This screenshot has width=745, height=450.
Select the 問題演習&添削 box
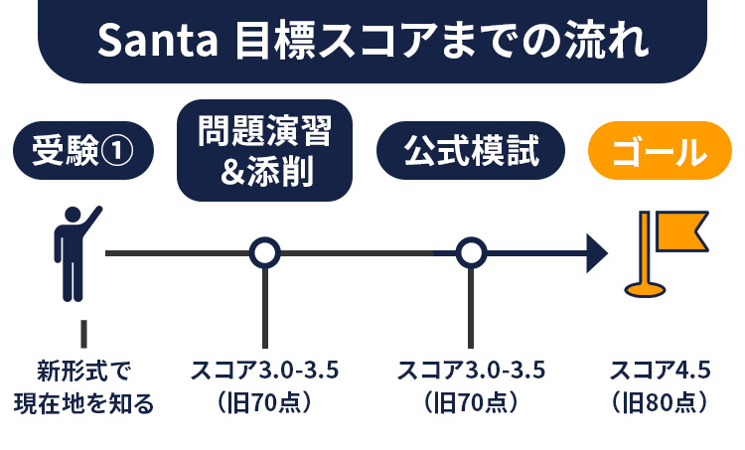pos(264,150)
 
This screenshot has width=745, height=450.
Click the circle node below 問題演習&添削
pos(264,253)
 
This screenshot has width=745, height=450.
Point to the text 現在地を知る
pos(83,402)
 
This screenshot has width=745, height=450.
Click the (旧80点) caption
pos(660,402)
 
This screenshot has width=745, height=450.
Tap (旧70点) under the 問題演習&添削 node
pos(264,402)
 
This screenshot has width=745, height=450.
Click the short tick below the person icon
pos(84,332)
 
